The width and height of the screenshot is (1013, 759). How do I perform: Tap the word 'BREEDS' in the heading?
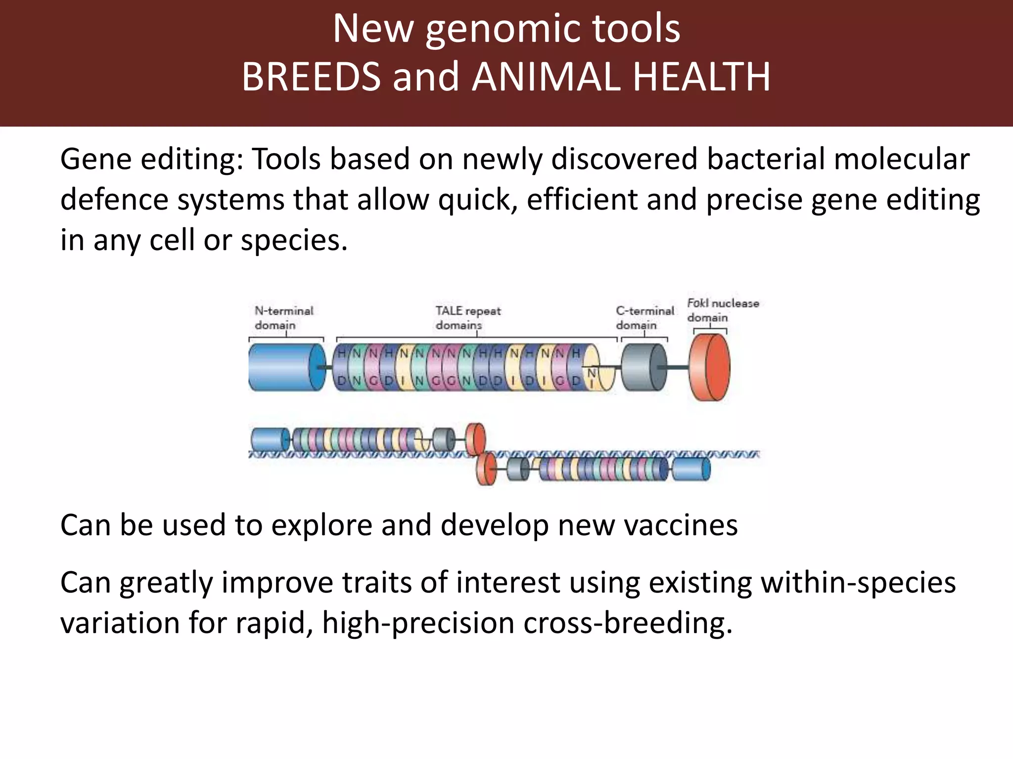[311, 77]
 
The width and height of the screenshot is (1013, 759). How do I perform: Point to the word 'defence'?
[114, 200]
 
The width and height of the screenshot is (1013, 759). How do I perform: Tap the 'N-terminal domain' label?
[283, 318]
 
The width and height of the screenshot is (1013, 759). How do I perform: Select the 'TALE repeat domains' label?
[467, 318]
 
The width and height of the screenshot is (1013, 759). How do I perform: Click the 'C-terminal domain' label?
[645, 318]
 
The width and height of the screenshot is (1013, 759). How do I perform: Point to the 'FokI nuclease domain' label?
[722, 310]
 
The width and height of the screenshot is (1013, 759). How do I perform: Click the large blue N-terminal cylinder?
[282, 368]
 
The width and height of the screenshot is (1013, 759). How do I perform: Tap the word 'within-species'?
[858, 583]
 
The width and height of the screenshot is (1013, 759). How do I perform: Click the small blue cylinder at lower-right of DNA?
[691, 469]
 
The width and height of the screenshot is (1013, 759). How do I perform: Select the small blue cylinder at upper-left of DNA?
[269, 439]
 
